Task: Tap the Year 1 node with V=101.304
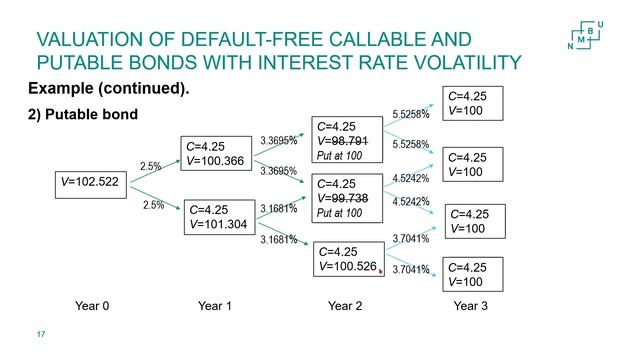(x=218, y=218)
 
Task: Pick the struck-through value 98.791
(x=349, y=141)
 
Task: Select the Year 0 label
(x=92, y=306)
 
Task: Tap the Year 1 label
(x=215, y=306)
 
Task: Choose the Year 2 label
(x=344, y=306)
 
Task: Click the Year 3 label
(x=470, y=306)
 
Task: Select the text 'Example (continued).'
(x=109, y=89)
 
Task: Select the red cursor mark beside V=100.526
(x=381, y=269)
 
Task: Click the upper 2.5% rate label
(x=151, y=166)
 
